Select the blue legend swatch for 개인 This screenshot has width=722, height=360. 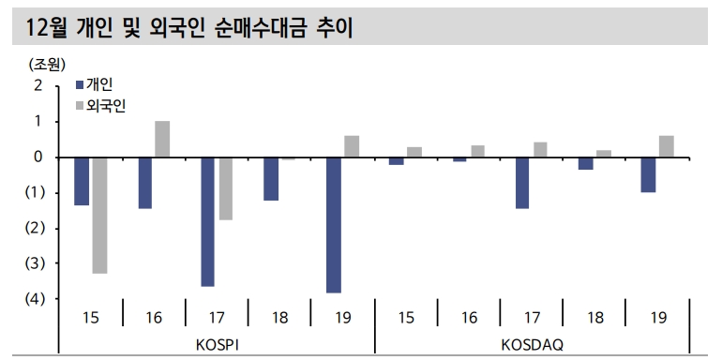coord(80,84)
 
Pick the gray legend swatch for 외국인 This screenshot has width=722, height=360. coord(80,105)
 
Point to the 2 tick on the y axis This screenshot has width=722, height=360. coord(38,85)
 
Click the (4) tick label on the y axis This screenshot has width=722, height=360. coord(35,299)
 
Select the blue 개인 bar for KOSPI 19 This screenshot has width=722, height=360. coord(333,225)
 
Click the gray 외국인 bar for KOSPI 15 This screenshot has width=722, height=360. coord(99,215)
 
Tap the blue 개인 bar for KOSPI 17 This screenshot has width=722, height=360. coord(207,221)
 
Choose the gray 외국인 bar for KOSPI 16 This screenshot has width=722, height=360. coord(162,139)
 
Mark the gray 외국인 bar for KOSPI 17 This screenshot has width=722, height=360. coord(225,188)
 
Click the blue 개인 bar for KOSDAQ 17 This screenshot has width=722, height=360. coord(521,183)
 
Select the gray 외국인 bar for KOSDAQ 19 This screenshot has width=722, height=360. coord(666,146)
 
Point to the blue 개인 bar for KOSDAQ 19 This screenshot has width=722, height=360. coord(648,174)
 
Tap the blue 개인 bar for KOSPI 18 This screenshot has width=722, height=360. coord(270,178)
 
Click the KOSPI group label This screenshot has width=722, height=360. coord(218,344)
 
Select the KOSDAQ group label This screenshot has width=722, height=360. coord(533,344)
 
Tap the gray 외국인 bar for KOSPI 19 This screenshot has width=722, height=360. coord(352,146)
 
